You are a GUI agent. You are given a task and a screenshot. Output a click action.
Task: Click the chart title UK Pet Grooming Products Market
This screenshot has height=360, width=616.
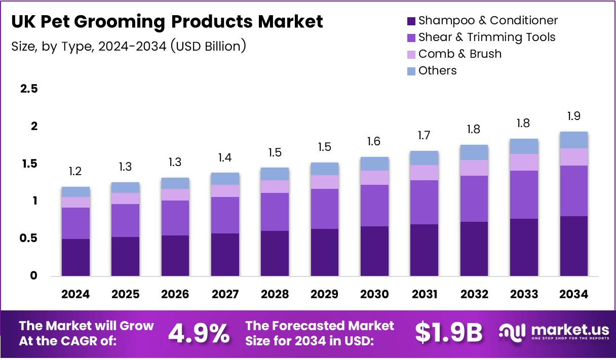[x=167, y=21]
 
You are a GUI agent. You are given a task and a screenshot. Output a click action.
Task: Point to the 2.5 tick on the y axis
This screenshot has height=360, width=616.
[x=28, y=89]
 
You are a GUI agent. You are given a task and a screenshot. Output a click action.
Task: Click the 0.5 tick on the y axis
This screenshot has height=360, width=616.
[x=28, y=238]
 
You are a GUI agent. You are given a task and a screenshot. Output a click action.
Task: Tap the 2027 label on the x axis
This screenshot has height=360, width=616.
[x=225, y=295]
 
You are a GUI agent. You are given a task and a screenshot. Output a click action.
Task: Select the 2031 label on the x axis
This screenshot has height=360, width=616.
[x=424, y=295]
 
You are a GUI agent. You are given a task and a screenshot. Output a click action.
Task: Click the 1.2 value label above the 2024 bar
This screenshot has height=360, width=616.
[x=75, y=172]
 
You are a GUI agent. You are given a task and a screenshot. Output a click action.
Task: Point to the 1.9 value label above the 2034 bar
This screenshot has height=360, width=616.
[x=573, y=116]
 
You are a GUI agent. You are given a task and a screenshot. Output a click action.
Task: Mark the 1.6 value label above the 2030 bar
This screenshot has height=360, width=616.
[x=374, y=142]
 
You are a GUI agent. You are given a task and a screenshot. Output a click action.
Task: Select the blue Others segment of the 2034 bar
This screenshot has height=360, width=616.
[x=573, y=140]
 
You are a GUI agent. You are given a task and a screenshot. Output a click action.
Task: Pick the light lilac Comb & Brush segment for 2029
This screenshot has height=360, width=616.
[x=325, y=182]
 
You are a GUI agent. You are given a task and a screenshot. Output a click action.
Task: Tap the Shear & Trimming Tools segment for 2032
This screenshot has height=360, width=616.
[x=474, y=198]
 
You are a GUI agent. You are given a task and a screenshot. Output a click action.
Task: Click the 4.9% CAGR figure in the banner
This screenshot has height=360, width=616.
[x=199, y=333]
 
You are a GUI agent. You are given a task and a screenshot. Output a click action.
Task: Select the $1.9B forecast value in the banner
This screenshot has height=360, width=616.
[x=448, y=333]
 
